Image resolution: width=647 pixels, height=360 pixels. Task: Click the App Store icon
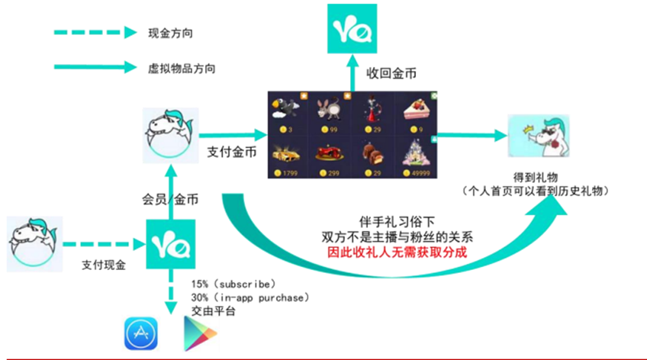coord(140,333)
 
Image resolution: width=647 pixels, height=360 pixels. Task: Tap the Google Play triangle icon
coord(200,333)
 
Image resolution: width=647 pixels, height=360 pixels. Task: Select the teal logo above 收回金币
coord(352,28)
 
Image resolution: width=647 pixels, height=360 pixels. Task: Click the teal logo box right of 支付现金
coord(171,244)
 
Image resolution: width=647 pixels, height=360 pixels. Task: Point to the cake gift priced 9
coord(416,114)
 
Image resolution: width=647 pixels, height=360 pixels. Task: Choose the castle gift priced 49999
coord(416,157)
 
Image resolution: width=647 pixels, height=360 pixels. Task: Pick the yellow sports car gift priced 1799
coord(288,157)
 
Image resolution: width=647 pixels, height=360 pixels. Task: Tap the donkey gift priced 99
coord(330,114)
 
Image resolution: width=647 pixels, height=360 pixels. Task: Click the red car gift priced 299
coord(330,157)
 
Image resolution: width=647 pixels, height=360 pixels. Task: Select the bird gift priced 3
coord(288,114)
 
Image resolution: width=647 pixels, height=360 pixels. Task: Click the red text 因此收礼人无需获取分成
coord(397,252)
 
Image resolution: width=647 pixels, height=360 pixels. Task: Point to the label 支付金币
coord(231,153)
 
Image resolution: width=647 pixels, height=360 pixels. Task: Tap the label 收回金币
coord(391,73)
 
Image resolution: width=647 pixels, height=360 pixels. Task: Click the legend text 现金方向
coord(170,34)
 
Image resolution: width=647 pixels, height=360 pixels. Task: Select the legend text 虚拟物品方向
coord(182,69)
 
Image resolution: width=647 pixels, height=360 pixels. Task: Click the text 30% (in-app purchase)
coord(250,297)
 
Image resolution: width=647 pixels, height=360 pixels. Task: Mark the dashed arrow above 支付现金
coord(104,244)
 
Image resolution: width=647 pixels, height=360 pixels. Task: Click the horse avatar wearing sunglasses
coord(539,136)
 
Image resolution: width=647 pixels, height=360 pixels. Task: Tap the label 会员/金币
coord(170,200)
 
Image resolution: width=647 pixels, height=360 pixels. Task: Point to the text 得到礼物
coord(536,178)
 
